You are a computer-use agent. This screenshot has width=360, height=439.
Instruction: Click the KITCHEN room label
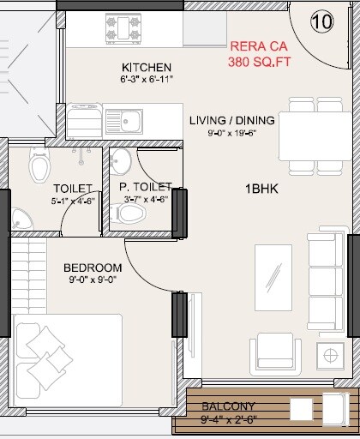147,68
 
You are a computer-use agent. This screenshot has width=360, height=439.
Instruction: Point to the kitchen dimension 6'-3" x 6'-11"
147,80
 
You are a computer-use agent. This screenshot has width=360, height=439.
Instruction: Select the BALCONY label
227,407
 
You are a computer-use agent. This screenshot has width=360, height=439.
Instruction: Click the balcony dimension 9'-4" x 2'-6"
227,420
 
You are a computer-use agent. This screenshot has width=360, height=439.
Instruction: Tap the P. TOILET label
146,187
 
